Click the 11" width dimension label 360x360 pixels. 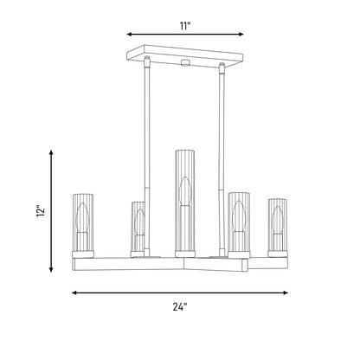pos(185,26)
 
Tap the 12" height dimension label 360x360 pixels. pos(41,211)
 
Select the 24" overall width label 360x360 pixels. pos(180,307)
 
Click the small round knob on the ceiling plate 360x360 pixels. pos(184,62)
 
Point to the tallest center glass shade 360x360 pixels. pos(185,201)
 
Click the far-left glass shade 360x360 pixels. pos(83,222)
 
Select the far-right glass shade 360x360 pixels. pos(278,225)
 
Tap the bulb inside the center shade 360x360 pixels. pos(184,192)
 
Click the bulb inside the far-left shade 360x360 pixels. pos(83,217)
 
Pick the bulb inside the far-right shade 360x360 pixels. pos(278,220)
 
